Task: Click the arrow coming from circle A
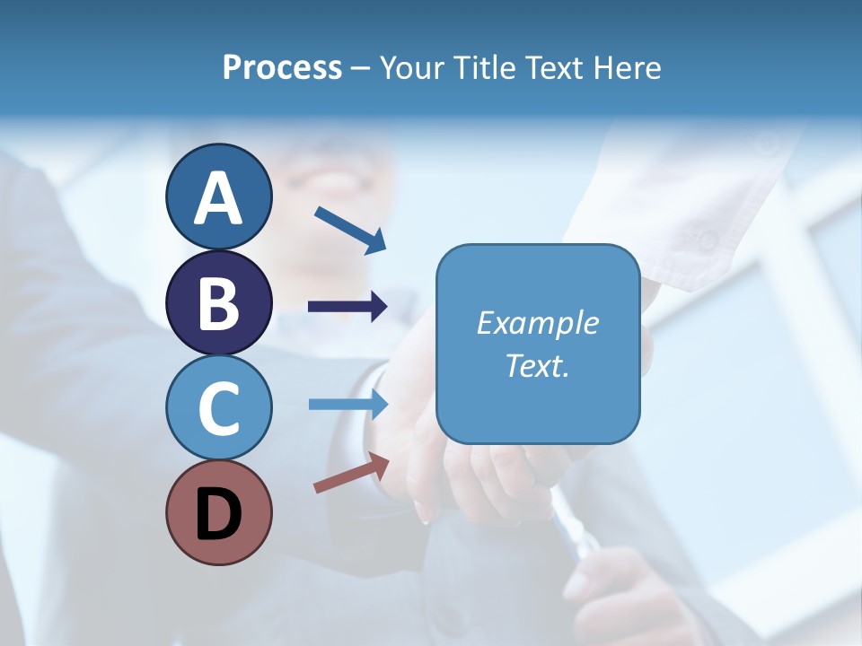(x=350, y=229)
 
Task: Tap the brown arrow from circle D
(x=351, y=473)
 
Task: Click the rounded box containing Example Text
(x=538, y=344)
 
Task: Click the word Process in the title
(x=282, y=67)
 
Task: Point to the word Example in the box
(x=538, y=322)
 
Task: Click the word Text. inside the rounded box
(x=538, y=365)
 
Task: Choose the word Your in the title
(x=412, y=67)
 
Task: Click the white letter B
(x=218, y=303)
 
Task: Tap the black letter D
(x=218, y=514)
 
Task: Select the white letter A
(x=218, y=197)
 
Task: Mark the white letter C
(x=218, y=408)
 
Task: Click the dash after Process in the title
(x=360, y=68)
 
